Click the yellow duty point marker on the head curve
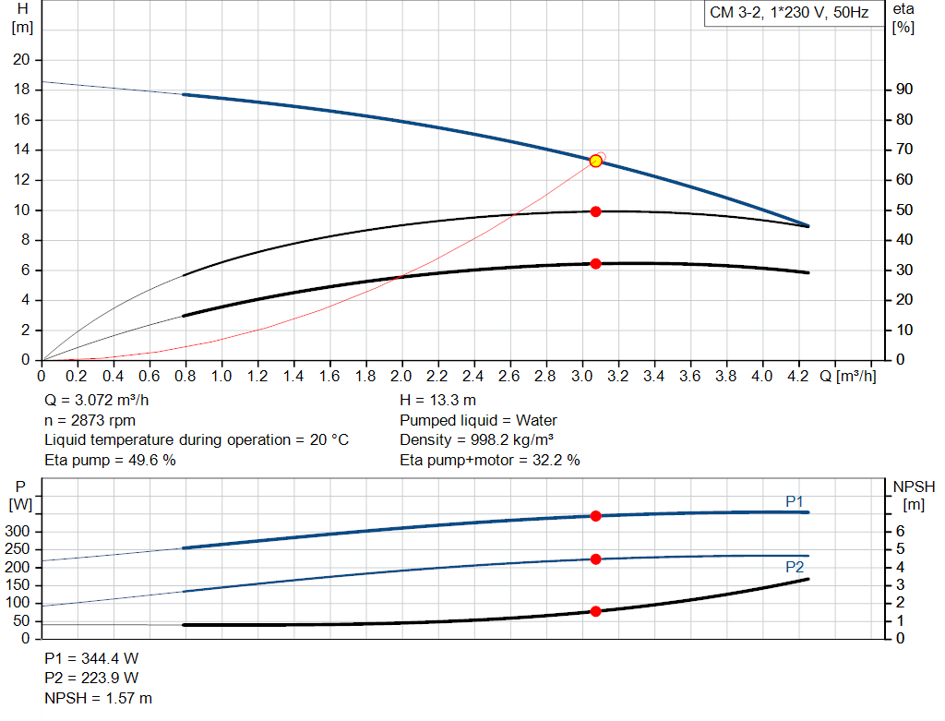point(595,161)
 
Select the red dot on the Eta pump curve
point(595,211)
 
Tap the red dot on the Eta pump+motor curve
point(595,264)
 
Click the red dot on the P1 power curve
point(595,516)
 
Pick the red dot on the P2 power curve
point(595,559)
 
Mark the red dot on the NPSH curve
point(595,611)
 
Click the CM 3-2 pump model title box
point(789,14)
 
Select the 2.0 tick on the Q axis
point(401,377)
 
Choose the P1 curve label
point(795,501)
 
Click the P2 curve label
point(795,567)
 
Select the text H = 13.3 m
point(438,401)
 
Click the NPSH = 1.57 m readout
point(99,698)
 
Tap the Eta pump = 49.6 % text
point(110,460)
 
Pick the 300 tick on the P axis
point(20,532)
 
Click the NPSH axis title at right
point(914,487)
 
